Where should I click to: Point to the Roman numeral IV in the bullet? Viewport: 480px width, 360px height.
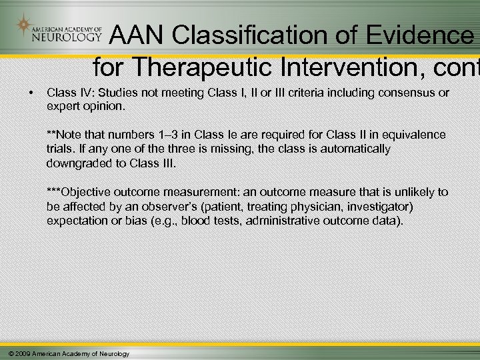(81, 93)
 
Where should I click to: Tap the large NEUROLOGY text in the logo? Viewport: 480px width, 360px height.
(65, 38)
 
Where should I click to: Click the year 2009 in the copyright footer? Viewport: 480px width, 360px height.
(22, 353)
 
